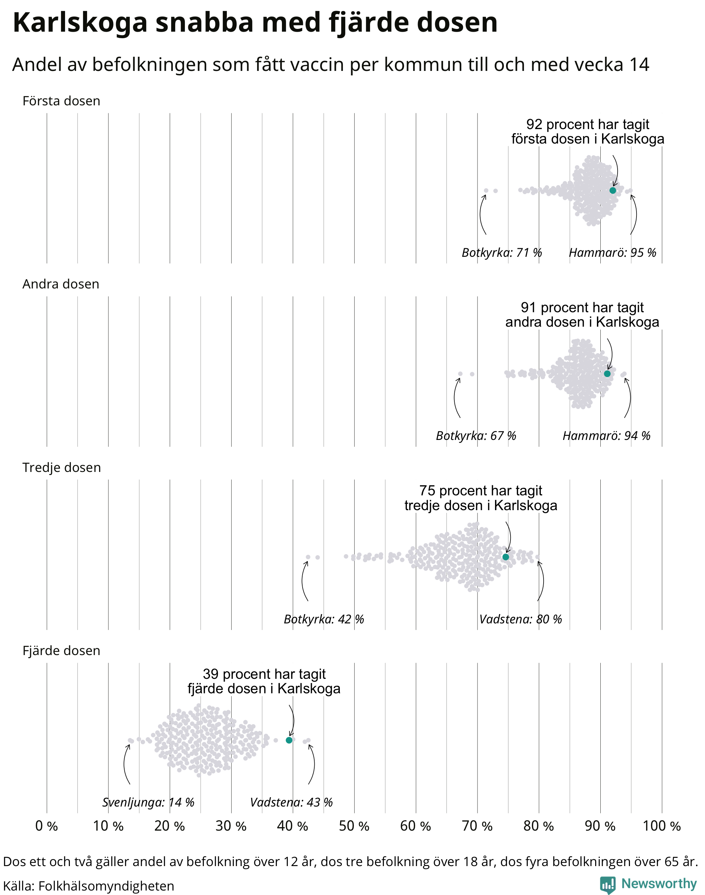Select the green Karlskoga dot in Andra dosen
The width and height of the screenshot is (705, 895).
click(607, 373)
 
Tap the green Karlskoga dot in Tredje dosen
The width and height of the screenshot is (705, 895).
click(506, 557)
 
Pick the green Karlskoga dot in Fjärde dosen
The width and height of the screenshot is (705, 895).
click(289, 740)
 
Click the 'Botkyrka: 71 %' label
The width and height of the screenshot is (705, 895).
click(502, 252)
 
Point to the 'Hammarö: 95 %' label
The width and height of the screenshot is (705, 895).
click(612, 252)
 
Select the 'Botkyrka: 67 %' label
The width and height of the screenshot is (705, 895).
click(476, 435)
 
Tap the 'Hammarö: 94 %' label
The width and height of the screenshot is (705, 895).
click(606, 435)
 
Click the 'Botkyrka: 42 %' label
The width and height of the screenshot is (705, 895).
click(324, 619)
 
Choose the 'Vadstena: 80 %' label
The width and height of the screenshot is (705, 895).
click(520, 619)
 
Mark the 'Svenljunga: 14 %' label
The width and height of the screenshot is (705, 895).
click(148, 802)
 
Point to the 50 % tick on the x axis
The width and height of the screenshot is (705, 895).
click(354, 826)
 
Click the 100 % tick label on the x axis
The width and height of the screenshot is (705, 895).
click(662, 826)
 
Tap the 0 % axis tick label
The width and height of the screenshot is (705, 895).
click(46, 826)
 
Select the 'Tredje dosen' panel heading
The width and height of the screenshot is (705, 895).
click(62, 467)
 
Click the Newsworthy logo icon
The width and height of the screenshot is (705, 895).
click(607, 884)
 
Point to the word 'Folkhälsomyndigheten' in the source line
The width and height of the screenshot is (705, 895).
click(106, 886)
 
